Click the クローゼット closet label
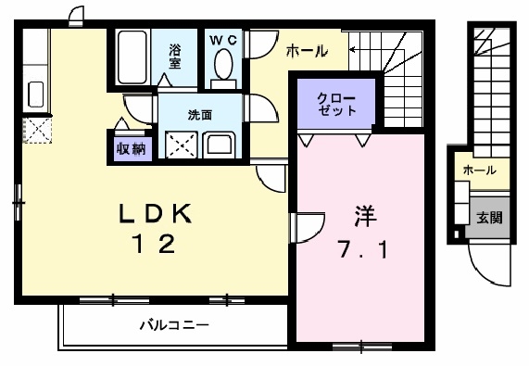point(334,103)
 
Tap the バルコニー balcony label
point(174,325)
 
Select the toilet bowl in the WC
point(222,65)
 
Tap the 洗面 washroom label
point(200,115)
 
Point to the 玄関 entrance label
point(489,219)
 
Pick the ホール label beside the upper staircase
point(306,52)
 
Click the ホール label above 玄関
point(479,170)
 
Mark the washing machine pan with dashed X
point(181,144)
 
